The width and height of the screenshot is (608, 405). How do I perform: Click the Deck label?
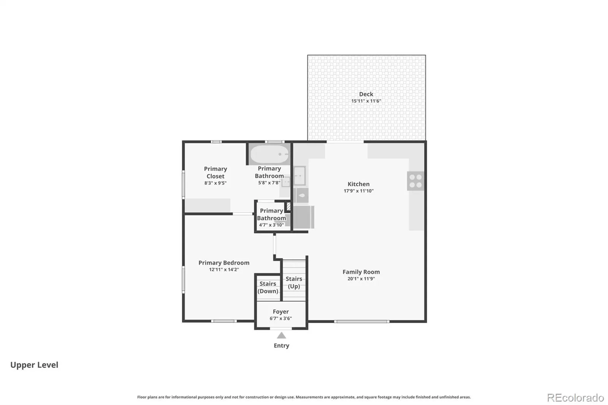pyautogui.click(x=366, y=94)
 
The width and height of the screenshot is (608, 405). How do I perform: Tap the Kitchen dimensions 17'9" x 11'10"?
pyautogui.click(x=359, y=191)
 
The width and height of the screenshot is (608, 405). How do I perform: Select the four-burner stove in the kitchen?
pyautogui.click(x=415, y=181)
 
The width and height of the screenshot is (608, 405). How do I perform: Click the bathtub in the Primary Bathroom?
pyautogui.click(x=269, y=154)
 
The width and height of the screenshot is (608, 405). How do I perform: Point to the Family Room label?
pyautogui.click(x=361, y=272)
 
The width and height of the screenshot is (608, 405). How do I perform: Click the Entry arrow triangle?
pyautogui.click(x=282, y=335)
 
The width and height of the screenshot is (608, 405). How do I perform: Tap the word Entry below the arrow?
pyautogui.click(x=282, y=346)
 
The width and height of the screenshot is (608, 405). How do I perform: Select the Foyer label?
pyautogui.click(x=281, y=312)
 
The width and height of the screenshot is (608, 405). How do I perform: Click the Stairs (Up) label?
pyautogui.click(x=294, y=283)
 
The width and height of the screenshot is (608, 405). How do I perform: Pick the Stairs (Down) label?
pyautogui.click(x=268, y=288)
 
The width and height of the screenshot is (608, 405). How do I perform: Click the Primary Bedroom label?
pyautogui.click(x=224, y=263)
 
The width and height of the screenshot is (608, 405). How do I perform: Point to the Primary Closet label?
pyautogui.click(x=215, y=172)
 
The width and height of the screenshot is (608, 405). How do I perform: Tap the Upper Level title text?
pyautogui.click(x=34, y=365)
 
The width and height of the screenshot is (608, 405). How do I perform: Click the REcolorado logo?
pyautogui.click(x=575, y=398)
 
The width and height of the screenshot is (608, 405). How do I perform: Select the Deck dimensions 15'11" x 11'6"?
pyautogui.click(x=366, y=101)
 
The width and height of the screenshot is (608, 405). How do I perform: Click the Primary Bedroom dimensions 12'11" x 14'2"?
pyautogui.click(x=224, y=269)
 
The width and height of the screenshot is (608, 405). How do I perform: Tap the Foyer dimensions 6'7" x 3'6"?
pyautogui.click(x=281, y=318)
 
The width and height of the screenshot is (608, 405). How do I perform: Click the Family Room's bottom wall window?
pyautogui.click(x=362, y=321)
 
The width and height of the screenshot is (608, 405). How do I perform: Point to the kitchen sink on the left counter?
pyautogui.click(x=300, y=176)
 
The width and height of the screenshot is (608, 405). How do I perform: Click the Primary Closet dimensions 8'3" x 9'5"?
pyautogui.click(x=215, y=183)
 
